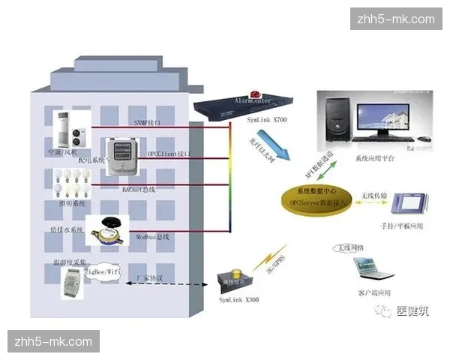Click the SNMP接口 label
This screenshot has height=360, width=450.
148,121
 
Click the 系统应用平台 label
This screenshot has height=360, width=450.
379,158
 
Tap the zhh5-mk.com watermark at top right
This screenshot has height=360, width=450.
396,19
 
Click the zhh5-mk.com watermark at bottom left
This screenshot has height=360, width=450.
53,341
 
